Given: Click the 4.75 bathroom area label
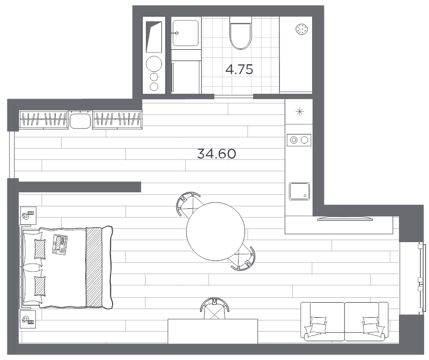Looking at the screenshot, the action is click(239, 70).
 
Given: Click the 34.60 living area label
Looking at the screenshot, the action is click(217, 154).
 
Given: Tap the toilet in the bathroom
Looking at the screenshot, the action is click(240, 33).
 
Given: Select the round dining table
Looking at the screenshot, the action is click(216, 231).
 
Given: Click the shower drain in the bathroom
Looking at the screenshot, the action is click(302, 29).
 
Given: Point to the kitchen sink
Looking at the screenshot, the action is click(299, 191).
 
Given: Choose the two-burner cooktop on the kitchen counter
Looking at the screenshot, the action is click(299, 140).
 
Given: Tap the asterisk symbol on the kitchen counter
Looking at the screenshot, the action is click(300, 111).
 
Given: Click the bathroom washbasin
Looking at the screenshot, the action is click(186, 33).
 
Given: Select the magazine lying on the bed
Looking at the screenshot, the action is click(60, 244).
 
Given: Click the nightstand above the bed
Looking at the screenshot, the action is click(28, 216).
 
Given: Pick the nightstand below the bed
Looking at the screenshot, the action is click(28, 319).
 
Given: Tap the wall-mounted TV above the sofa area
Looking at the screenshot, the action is click(345, 219).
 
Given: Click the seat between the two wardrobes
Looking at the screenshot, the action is click(80, 121).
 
